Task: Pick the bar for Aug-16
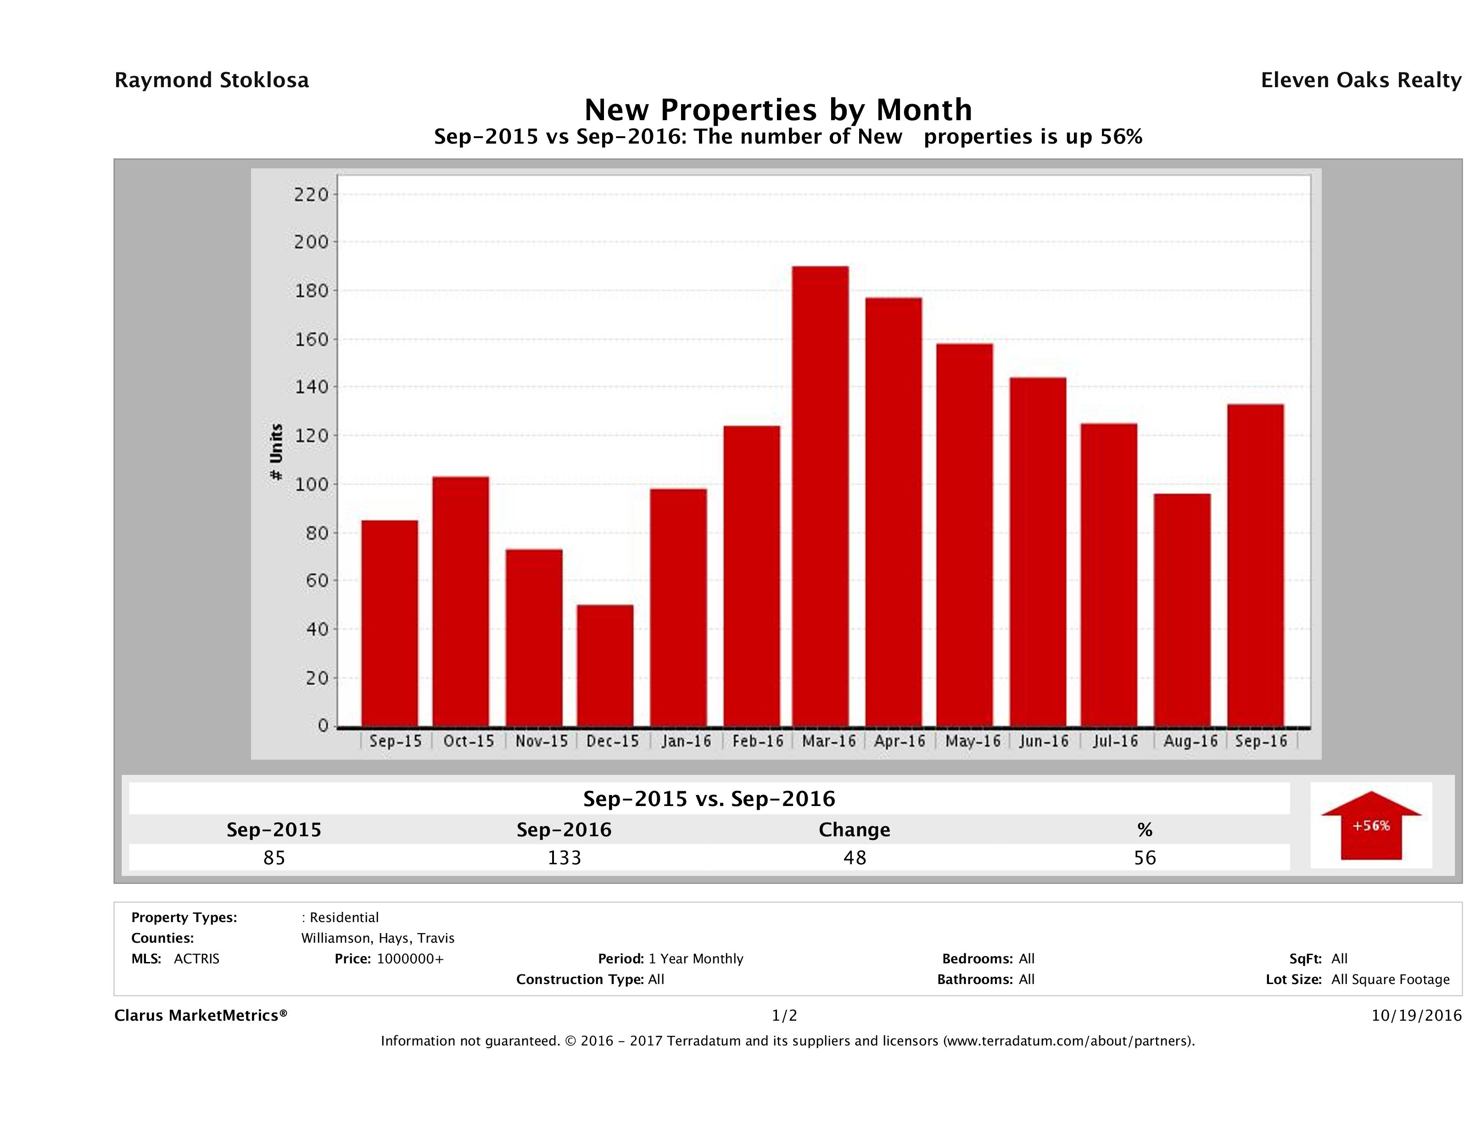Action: tap(1182, 610)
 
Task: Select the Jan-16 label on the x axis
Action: tap(686, 741)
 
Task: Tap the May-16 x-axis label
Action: tap(973, 741)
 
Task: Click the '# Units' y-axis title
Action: tap(276, 452)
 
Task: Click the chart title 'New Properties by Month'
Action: tap(778, 110)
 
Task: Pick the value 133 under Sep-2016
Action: tap(564, 857)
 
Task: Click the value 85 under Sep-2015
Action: tap(274, 857)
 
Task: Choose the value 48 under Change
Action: tap(855, 857)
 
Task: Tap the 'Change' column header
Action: tap(855, 830)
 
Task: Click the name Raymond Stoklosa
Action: tap(212, 80)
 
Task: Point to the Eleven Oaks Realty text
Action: tap(1360, 80)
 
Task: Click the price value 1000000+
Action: tap(410, 958)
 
